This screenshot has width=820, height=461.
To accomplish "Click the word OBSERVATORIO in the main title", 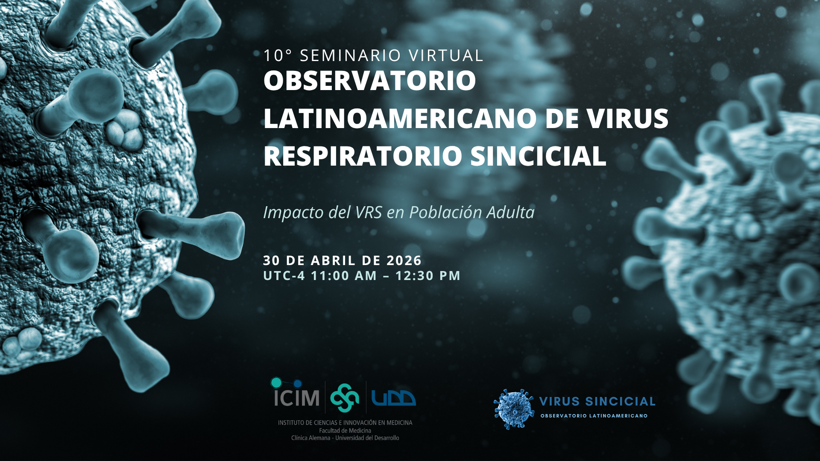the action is pyautogui.click(x=370, y=80).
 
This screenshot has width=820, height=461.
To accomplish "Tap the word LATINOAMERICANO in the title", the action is pyautogui.click(x=400, y=118).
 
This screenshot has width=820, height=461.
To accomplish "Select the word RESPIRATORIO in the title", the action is pyautogui.click(x=363, y=156).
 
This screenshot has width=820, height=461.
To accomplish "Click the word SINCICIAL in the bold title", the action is pyautogui.click(x=538, y=156).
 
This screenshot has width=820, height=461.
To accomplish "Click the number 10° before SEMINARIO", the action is pyautogui.click(x=278, y=55).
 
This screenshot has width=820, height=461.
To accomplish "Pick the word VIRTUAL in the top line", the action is pyautogui.click(x=446, y=55).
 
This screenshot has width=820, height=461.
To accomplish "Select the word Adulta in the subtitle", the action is pyautogui.click(x=510, y=213).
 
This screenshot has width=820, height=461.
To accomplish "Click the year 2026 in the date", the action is pyautogui.click(x=404, y=260).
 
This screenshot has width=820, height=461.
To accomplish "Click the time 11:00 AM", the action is pyautogui.click(x=344, y=276).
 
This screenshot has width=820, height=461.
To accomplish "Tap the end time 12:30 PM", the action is pyautogui.click(x=428, y=276).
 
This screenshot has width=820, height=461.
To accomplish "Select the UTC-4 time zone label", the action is pyautogui.click(x=284, y=276).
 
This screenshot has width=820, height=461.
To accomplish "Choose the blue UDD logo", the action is pyautogui.click(x=393, y=398).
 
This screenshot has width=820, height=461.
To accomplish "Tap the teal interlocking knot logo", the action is pyautogui.click(x=345, y=398).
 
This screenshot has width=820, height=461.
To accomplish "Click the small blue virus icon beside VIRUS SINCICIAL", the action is pyautogui.click(x=514, y=409).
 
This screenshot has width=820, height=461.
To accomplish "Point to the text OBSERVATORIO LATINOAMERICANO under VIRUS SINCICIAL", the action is pyautogui.click(x=594, y=416).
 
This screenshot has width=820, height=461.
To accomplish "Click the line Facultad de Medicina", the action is pyautogui.click(x=345, y=431).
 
